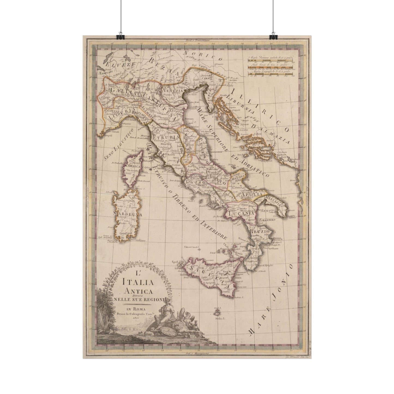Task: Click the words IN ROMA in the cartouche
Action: (x=136, y=309)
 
